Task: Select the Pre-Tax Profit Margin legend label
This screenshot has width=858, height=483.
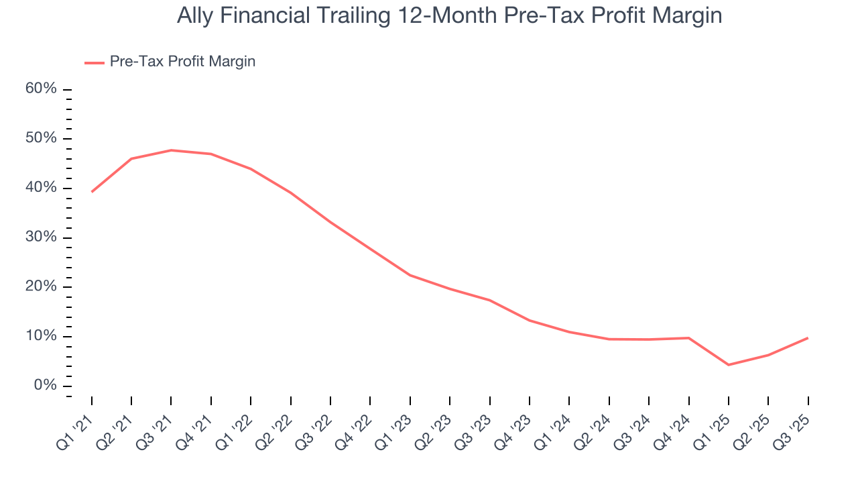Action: (182, 62)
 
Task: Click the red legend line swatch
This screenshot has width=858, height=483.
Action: (95, 62)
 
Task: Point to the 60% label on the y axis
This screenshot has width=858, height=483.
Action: (42, 89)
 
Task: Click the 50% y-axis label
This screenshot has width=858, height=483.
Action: (42, 139)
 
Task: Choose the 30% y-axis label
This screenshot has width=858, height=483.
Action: (42, 237)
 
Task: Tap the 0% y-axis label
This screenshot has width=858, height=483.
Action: (46, 386)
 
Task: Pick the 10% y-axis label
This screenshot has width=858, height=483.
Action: (42, 336)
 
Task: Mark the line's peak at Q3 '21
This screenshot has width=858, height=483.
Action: (171, 150)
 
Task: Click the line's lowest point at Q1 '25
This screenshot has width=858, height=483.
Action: (729, 365)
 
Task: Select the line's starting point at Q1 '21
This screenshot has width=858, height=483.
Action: (92, 192)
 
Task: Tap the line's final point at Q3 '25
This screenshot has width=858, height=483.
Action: (808, 337)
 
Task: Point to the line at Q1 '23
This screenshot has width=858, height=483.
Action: (410, 275)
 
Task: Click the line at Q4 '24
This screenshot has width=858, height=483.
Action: (688, 338)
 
